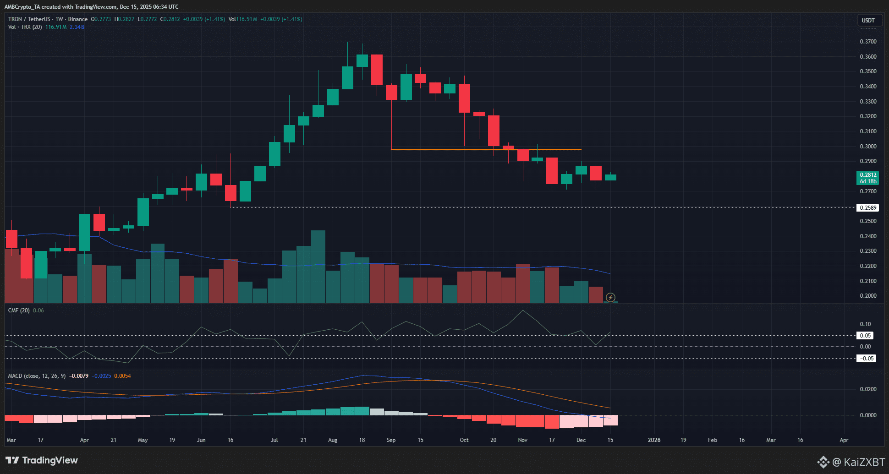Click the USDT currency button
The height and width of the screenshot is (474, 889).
click(868, 20)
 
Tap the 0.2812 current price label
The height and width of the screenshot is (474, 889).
click(867, 175)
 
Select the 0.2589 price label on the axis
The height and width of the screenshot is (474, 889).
click(867, 208)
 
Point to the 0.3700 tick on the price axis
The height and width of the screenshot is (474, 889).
click(868, 42)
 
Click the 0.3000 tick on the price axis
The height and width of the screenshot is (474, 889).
click(868, 147)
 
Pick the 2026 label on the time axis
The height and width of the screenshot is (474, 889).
click(654, 440)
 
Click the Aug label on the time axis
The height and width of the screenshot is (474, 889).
click(333, 440)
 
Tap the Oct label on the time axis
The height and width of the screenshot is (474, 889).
click(464, 440)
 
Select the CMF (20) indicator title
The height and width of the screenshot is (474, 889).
click(19, 311)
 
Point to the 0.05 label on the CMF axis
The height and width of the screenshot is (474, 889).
click(865, 336)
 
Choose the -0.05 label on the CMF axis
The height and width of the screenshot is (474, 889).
click(866, 359)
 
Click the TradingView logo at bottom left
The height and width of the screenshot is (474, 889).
click(42, 460)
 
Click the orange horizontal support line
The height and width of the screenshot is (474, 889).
click(486, 150)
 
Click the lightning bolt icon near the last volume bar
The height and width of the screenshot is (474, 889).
click(610, 298)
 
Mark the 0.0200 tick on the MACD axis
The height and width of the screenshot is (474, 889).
click(868, 389)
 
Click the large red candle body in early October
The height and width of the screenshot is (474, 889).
click(464, 98)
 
